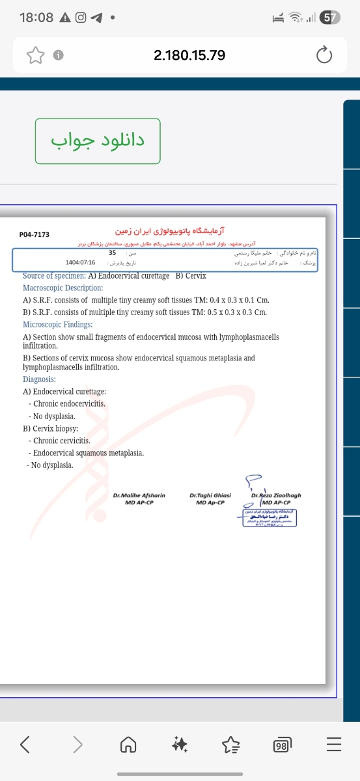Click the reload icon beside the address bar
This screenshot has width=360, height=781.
[x=324, y=56]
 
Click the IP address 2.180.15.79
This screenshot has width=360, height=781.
[x=189, y=55]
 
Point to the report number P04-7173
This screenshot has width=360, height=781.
[x=35, y=234]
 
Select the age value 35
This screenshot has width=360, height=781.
[x=112, y=253]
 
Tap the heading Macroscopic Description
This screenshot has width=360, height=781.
[x=63, y=288]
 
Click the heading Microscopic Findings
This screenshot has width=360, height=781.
[x=58, y=324]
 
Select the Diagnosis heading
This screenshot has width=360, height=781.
[x=40, y=379]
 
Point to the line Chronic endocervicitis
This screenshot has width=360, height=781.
[x=70, y=404]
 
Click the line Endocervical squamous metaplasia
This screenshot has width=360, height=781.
[x=89, y=453]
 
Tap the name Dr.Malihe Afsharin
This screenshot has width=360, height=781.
[x=139, y=495]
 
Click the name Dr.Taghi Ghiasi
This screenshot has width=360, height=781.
[x=210, y=495]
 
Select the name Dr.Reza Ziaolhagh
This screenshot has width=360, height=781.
[x=276, y=495]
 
